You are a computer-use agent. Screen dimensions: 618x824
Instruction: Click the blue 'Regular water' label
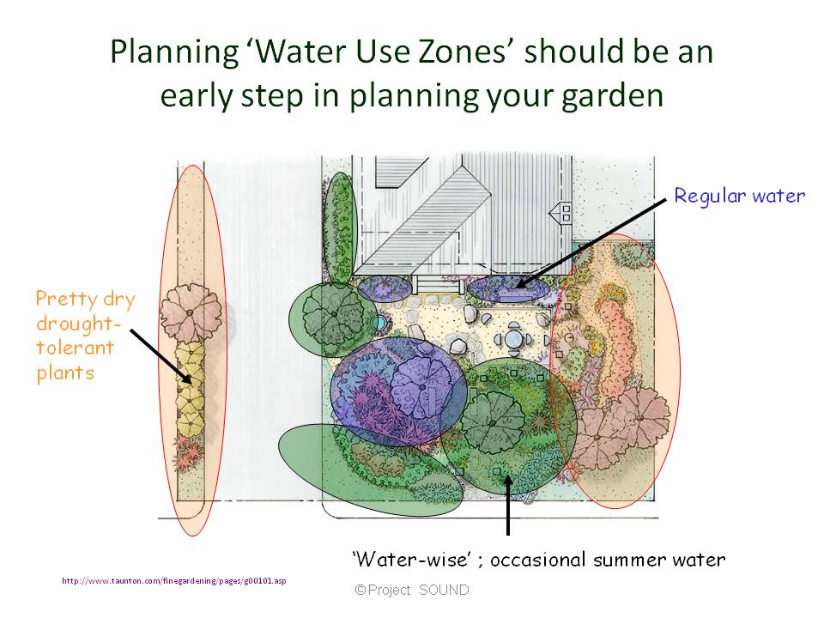click(739, 196)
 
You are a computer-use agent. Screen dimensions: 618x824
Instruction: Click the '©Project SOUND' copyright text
click(412, 591)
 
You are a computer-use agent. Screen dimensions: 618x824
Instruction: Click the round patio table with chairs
click(512, 340)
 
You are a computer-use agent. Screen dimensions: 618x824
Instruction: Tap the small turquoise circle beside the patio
click(379, 322)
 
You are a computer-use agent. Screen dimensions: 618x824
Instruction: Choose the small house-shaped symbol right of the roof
click(565, 209)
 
